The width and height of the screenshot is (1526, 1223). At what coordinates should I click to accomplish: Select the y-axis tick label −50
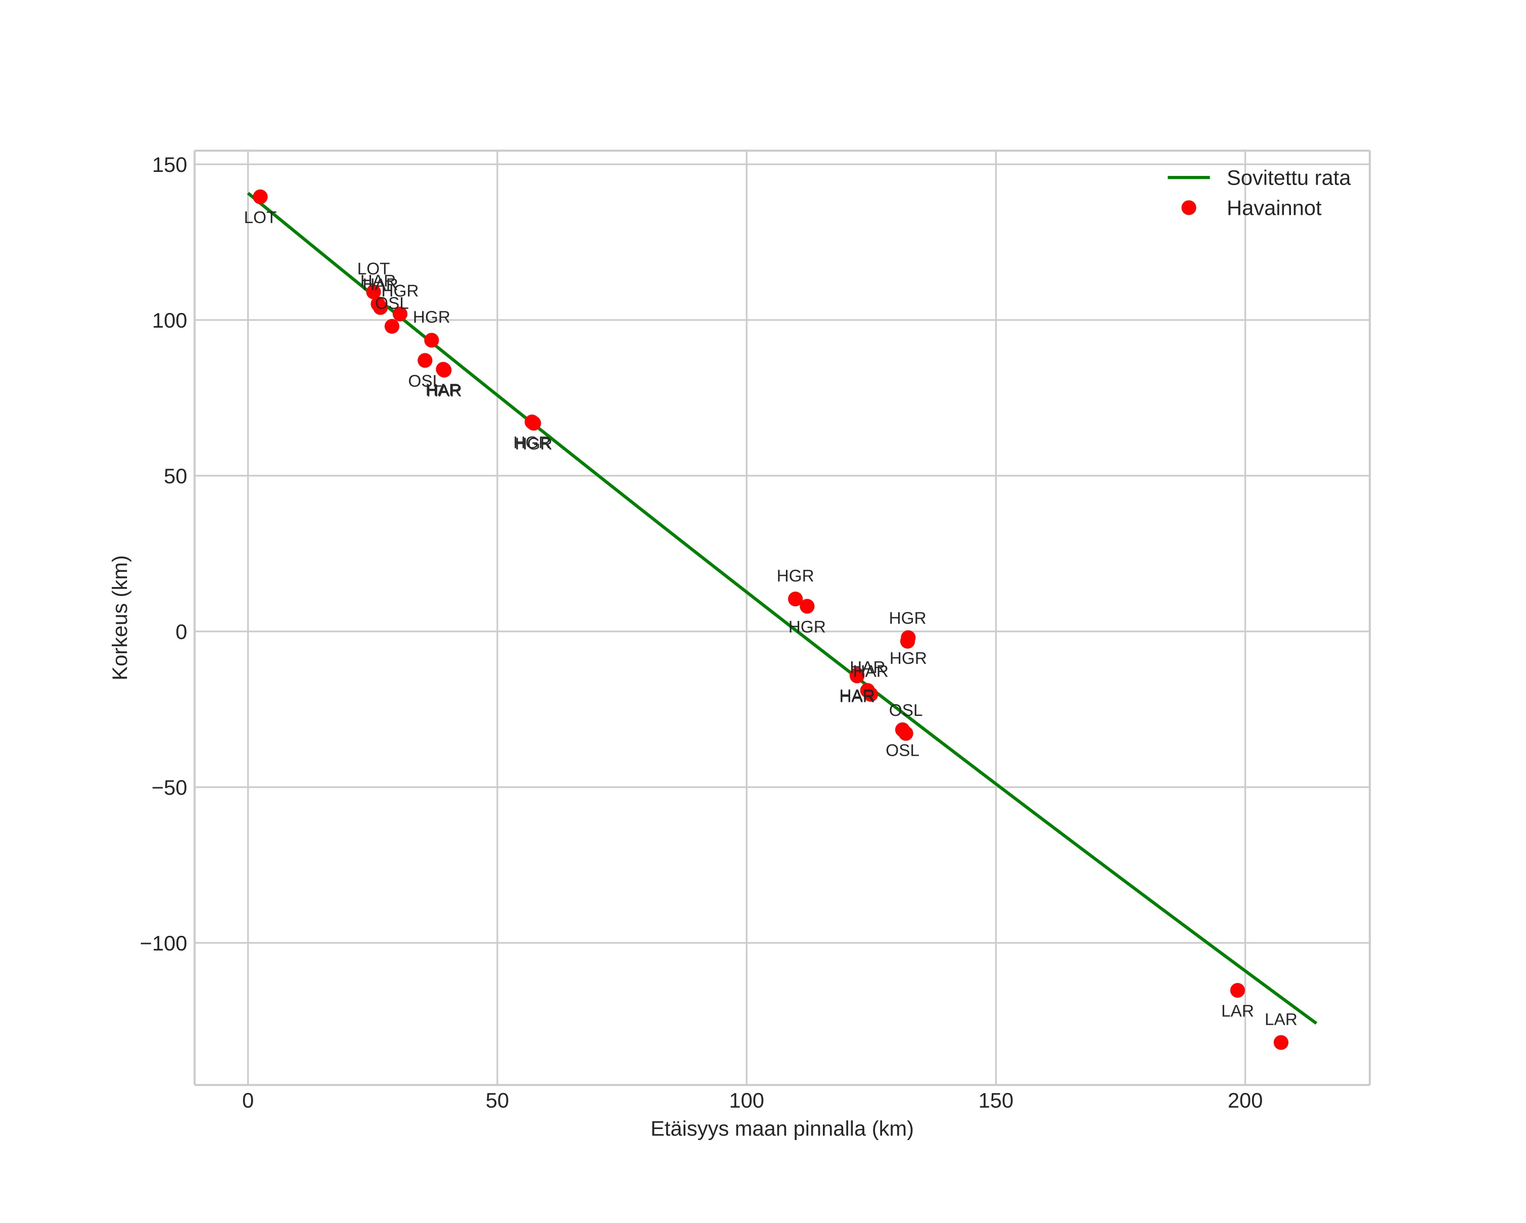pyautogui.click(x=169, y=788)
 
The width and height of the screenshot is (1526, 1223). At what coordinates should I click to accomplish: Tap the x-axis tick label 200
pyautogui.click(x=1245, y=1101)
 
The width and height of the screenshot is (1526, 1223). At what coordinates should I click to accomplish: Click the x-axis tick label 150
pyautogui.click(x=996, y=1101)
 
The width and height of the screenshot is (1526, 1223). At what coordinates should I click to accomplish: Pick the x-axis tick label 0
pyautogui.click(x=248, y=1101)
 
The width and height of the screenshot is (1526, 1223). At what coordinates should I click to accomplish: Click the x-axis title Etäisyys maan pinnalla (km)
pyautogui.click(x=781, y=1129)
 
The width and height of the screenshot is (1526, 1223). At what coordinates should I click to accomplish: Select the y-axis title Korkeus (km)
pyautogui.click(x=120, y=618)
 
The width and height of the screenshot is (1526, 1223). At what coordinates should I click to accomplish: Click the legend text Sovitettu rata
pyautogui.click(x=1288, y=178)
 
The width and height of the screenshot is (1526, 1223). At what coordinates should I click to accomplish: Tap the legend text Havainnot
pyautogui.click(x=1273, y=208)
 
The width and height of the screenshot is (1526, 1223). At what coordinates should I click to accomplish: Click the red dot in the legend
pyautogui.click(x=1189, y=208)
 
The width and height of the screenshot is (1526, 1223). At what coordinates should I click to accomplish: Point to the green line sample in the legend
pyautogui.click(x=1189, y=177)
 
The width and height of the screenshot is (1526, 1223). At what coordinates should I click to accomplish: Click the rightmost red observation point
pyautogui.click(x=1281, y=1043)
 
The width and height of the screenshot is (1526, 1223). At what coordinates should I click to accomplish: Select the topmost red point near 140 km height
pyautogui.click(x=260, y=197)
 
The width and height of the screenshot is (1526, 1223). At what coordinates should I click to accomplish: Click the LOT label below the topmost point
pyautogui.click(x=260, y=218)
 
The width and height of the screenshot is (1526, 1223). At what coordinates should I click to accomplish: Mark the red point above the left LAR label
pyautogui.click(x=1237, y=990)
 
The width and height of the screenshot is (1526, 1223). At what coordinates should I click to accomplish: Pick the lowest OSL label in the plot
pyautogui.click(x=902, y=751)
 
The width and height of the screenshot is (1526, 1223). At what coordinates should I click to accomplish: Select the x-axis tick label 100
pyautogui.click(x=746, y=1101)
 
